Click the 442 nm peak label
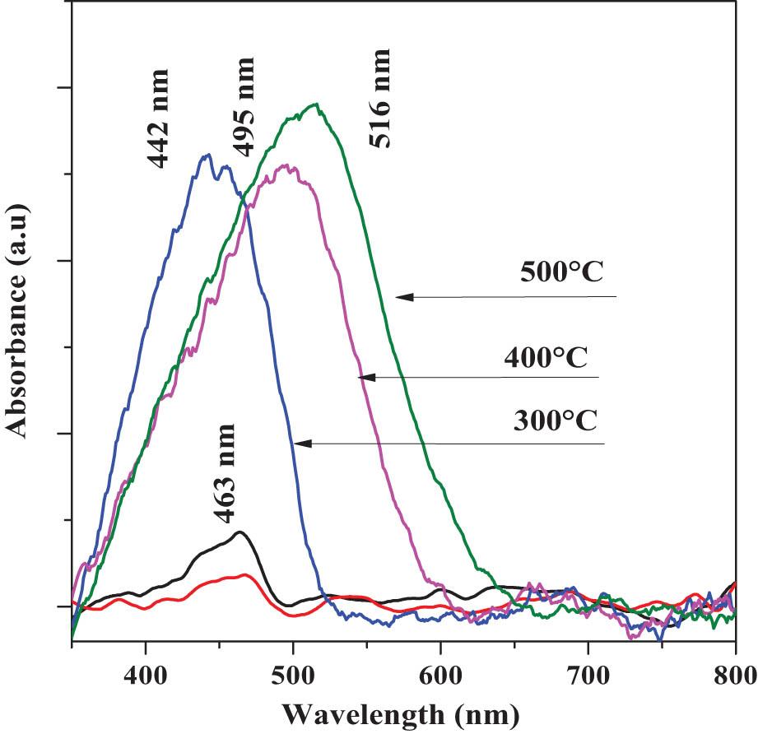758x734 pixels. point(160,118)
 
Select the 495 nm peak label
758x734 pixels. point(243,106)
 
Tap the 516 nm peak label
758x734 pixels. point(380,98)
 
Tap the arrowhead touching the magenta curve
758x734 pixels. point(367,377)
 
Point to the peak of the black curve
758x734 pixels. point(239,532)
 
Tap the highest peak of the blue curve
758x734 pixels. point(207,154)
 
